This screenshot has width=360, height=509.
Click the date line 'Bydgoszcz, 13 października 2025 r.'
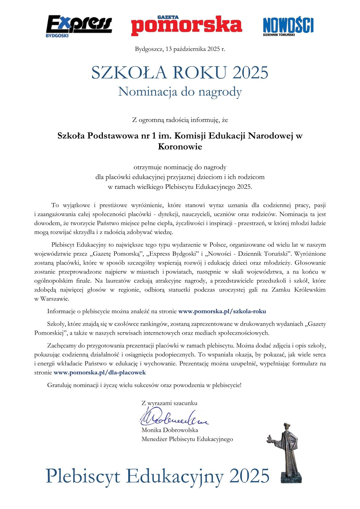point(180,49)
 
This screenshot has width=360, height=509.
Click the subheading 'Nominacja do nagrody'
point(180,92)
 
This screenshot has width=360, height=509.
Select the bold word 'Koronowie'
point(180,147)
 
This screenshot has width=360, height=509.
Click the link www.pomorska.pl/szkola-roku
point(222,311)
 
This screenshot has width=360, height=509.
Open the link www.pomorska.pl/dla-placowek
point(100,373)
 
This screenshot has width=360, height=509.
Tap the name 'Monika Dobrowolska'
point(169,430)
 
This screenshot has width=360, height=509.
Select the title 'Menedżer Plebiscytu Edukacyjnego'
point(187,439)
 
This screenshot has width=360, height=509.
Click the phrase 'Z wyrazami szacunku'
point(169,403)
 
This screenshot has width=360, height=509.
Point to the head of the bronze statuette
point(286,427)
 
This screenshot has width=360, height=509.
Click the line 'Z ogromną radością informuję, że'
point(180,120)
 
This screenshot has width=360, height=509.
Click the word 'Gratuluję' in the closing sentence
point(59,385)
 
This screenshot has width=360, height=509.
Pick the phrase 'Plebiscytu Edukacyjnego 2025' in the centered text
point(208,187)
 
